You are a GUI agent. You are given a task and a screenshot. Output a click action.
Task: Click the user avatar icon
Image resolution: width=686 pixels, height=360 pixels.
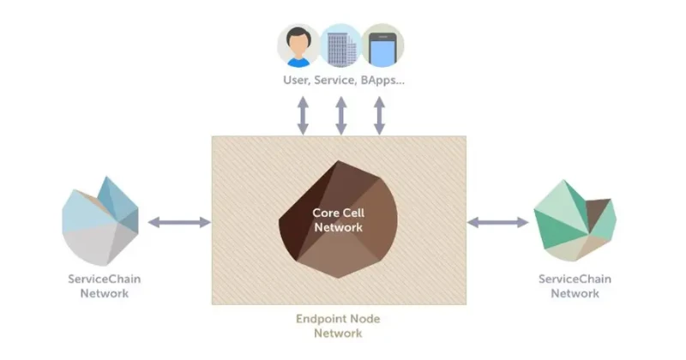(298, 45)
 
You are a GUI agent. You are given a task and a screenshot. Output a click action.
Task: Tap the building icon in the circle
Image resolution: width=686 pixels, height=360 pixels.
(340, 45)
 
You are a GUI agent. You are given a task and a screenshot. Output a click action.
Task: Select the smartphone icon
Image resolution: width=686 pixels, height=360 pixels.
(382, 45)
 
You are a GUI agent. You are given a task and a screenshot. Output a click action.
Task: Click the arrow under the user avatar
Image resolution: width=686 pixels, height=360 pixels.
(303, 115)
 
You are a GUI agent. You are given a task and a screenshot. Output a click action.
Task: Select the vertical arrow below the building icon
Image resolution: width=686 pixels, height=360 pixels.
(340, 115)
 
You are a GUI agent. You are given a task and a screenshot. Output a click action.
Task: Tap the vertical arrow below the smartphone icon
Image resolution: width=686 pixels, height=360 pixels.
(379, 115)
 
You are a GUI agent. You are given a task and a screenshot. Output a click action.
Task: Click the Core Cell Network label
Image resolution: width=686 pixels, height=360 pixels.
(338, 219)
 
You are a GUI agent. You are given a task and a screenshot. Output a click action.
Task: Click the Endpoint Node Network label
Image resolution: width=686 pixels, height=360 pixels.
(338, 326)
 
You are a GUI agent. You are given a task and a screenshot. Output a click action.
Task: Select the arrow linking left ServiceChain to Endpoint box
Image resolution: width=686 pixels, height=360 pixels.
(178, 222)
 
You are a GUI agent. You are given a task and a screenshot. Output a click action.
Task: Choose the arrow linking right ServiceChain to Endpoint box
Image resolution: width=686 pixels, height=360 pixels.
(497, 222)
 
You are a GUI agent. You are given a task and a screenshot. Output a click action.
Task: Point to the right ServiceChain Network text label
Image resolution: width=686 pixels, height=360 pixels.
(575, 286)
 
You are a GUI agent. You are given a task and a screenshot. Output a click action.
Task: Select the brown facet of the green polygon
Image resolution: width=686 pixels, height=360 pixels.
(598, 211)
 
